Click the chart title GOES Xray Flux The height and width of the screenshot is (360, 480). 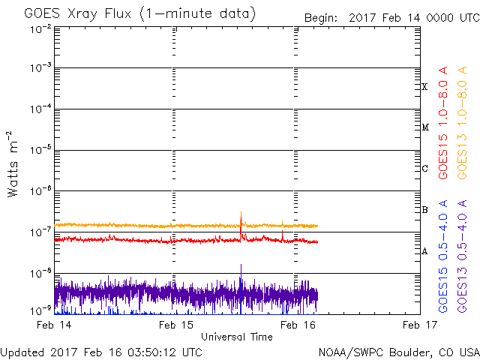(x=139, y=14)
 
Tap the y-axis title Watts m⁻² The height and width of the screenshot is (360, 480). (x=13, y=164)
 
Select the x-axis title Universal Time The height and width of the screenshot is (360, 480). (x=236, y=337)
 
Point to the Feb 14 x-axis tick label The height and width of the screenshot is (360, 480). (x=54, y=325)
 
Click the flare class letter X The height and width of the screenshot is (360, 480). (x=424, y=87)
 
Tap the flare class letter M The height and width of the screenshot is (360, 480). (x=424, y=127)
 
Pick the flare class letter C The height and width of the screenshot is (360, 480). (x=424, y=169)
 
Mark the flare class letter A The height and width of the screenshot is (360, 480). (x=424, y=251)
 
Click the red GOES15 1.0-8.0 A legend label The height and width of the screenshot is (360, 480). (x=444, y=122)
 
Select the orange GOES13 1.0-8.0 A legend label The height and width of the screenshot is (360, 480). (x=463, y=122)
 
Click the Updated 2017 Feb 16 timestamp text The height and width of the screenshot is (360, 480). (x=101, y=351)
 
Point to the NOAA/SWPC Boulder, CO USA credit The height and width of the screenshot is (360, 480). (x=398, y=351)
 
